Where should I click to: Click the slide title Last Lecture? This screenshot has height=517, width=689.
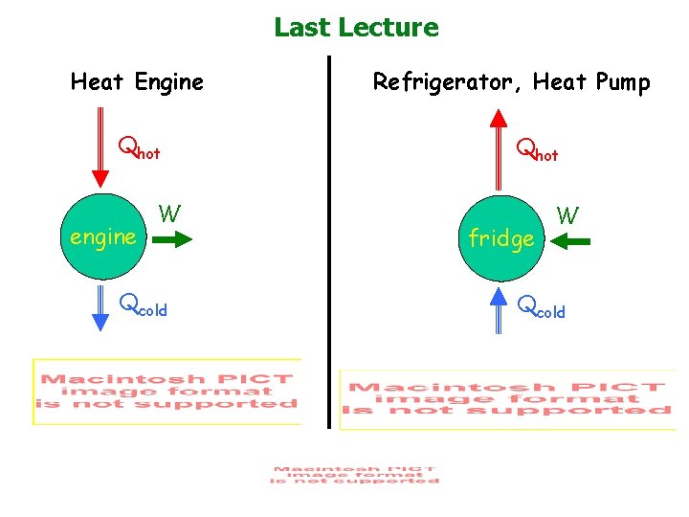(356, 27)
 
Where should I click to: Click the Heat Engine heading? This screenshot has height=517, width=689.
(137, 82)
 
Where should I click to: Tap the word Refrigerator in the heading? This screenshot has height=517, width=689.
(441, 82)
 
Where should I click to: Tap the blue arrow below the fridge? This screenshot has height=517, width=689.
(499, 308)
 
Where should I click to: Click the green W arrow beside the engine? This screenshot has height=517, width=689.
(172, 242)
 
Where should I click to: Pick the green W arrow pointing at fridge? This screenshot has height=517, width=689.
(571, 243)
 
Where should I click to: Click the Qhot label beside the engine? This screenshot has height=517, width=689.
(139, 149)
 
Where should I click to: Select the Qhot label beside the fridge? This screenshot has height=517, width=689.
(538, 150)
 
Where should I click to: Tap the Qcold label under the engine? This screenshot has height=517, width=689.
(143, 306)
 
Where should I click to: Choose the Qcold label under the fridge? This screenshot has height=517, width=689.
(542, 308)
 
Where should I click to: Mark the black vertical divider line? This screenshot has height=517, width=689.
(328, 239)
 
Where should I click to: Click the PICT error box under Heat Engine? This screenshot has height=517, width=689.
(167, 392)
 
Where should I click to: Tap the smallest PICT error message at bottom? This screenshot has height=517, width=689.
(354, 475)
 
